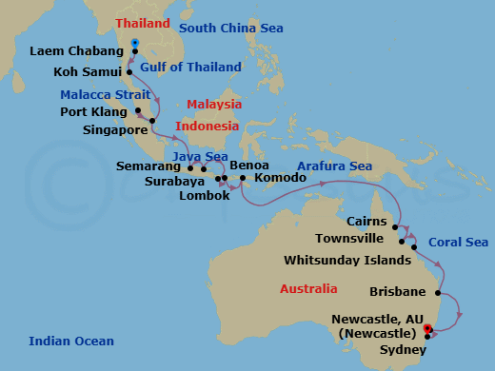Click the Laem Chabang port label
pos(79,51)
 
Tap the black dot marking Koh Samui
pos(129,69)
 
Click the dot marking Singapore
pos(151,122)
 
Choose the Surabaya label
pos(177,181)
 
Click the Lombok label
pos(205,196)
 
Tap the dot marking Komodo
pos(243,178)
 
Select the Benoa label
pos(236,165)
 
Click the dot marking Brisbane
pos(438,293)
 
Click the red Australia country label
pos(307,288)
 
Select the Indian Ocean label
pos(71,342)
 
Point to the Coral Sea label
pos(458,243)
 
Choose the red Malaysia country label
pos(214,104)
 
